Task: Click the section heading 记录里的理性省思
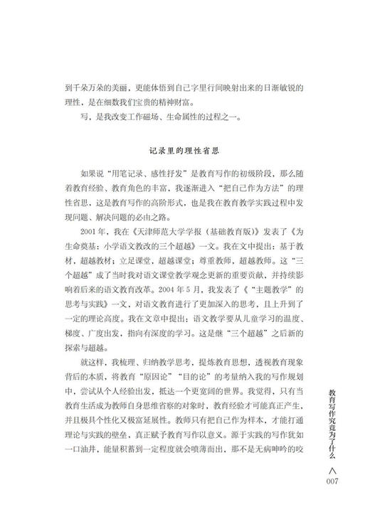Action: [x=185, y=151]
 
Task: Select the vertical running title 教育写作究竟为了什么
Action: [x=335, y=430]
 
